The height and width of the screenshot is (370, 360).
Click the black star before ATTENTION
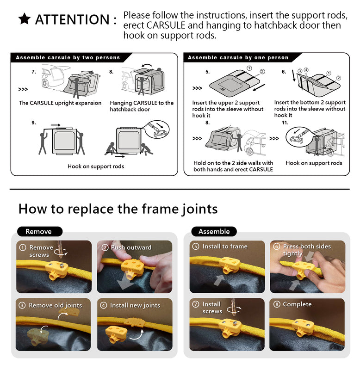(25, 19)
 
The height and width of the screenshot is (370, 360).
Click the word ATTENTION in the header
(72, 20)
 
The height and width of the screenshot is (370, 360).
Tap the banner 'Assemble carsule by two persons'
(68, 58)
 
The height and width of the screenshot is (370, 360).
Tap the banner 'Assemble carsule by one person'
(238, 58)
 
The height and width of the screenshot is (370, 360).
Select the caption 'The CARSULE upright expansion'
(60, 103)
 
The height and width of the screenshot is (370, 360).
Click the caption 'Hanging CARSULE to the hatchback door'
(142, 106)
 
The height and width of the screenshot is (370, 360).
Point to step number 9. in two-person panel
(34, 123)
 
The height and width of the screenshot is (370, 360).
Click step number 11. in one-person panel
(285, 123)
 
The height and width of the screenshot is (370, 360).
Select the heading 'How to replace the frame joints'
(118, 209)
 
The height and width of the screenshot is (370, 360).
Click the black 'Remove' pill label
(38, 231)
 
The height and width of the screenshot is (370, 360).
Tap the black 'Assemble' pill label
(214, 231)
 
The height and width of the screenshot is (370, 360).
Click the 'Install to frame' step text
(224, 247)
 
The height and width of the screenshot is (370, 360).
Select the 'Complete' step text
(297, 304)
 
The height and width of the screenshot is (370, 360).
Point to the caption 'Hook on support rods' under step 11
(314, 163)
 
